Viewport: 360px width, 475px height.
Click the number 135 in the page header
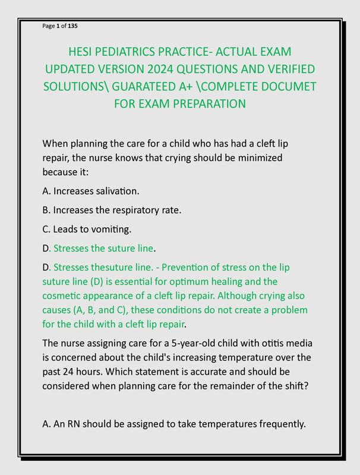coord(72,26)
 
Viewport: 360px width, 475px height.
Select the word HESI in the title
coord(84,52)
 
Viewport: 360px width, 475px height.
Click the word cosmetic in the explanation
coord(64,296)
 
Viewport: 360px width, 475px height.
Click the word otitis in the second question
coord(261,344)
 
